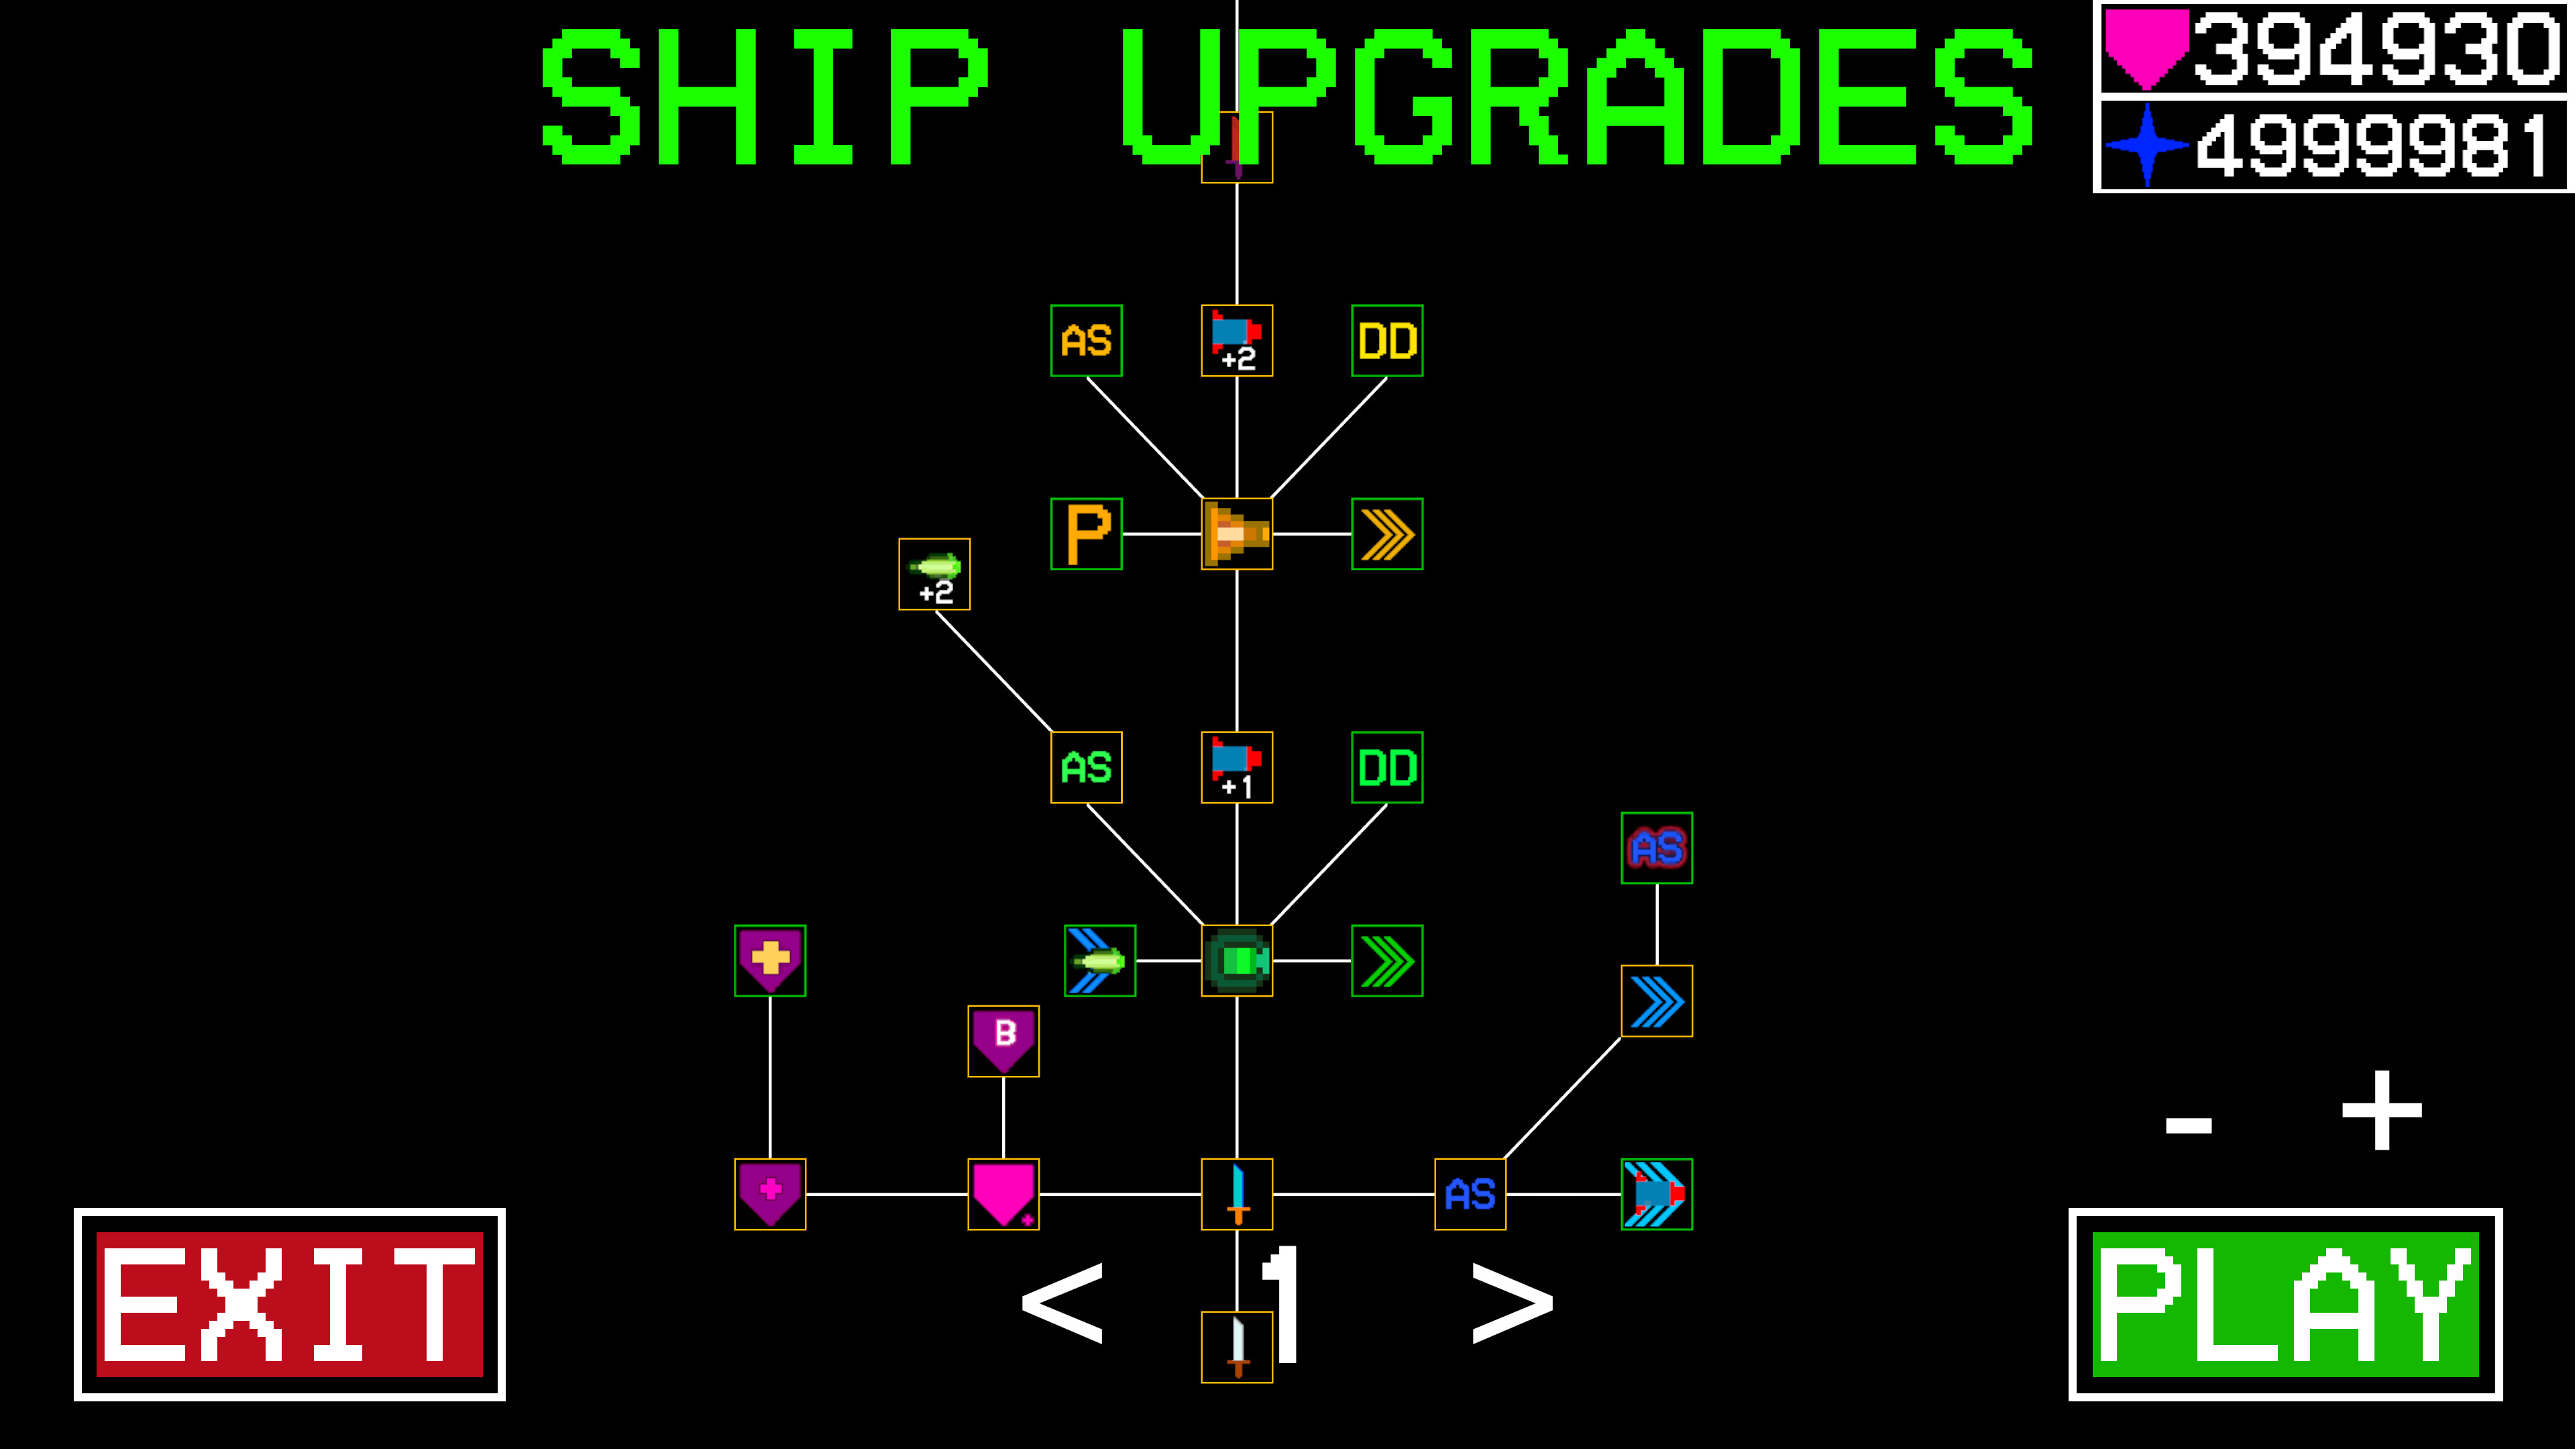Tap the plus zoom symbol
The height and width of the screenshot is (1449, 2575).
pos(2381,1110)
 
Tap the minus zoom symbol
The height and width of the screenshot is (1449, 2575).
pos(2188,1125)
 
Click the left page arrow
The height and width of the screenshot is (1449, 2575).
pos(1062,1302)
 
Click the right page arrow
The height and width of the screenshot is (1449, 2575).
pos(1513,1302)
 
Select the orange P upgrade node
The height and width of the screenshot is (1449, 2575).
pos(1087,534)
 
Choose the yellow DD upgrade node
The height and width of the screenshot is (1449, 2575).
pos(1386,341)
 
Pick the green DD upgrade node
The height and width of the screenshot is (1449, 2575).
pos(1386,767)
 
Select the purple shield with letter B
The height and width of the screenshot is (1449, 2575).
pos(1003,1041)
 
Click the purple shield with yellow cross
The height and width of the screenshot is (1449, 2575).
pos(770,960)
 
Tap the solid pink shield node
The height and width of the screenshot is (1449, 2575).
pos(1003,1194)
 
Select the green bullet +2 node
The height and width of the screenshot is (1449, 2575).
pos(934,574)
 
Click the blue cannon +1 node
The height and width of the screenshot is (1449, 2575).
pos(1236,767)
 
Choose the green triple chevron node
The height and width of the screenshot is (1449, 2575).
pos(1386,960)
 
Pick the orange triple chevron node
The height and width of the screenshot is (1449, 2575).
pos(1386,534)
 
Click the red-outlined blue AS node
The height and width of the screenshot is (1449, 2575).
pos(1656,848)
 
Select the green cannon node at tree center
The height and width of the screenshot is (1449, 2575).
pos(1236,960)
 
